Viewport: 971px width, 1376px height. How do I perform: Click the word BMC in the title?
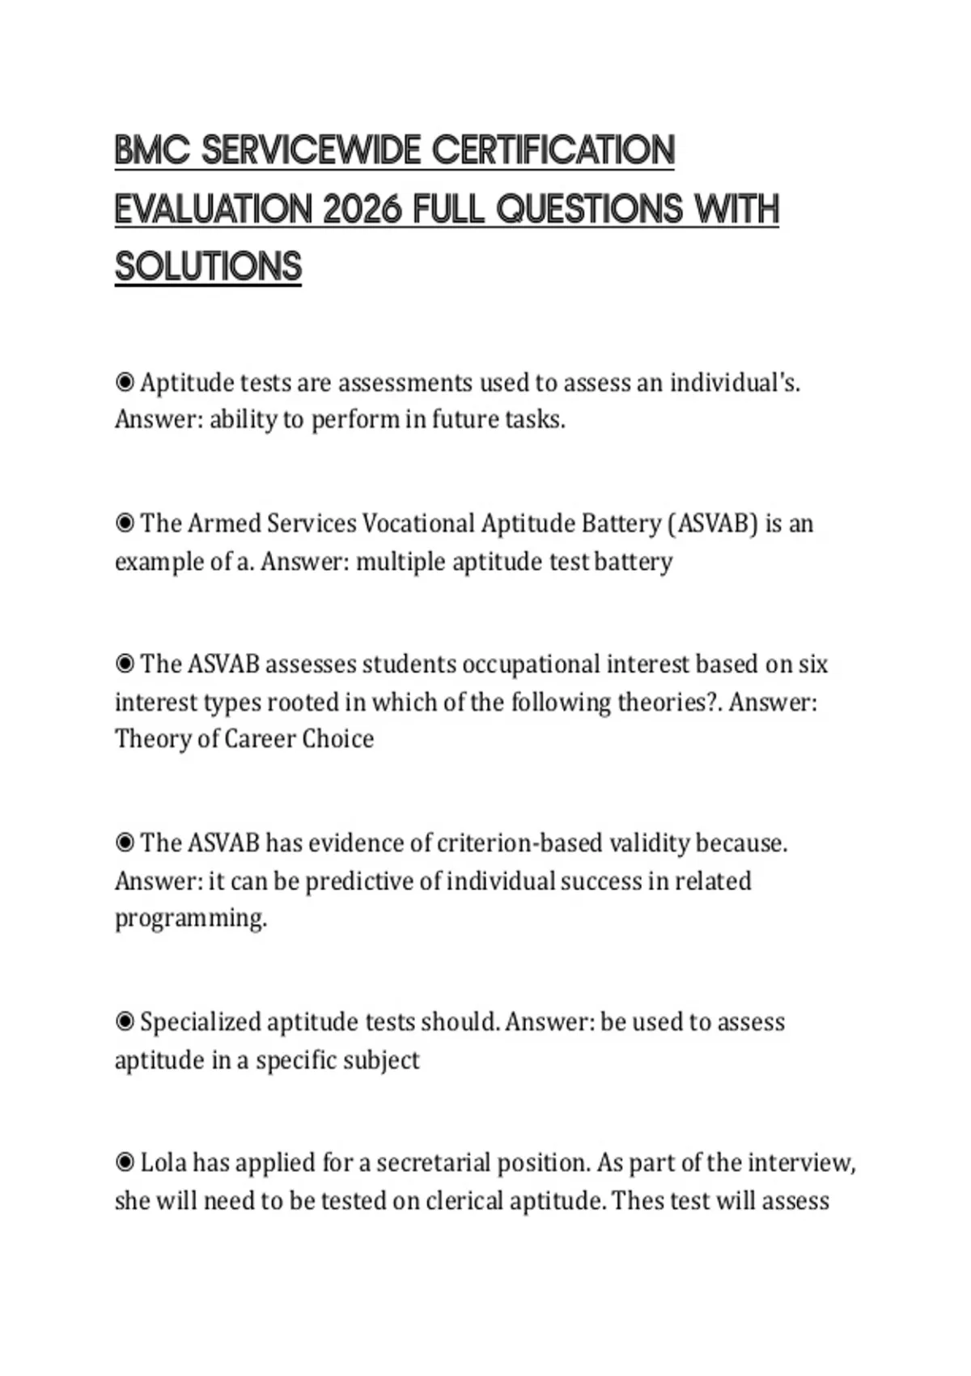pos(151,151)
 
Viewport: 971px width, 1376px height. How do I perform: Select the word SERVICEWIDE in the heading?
pos(312,151)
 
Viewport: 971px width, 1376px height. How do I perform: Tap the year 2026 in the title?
pos(362,210)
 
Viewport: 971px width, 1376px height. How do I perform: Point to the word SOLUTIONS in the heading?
pos(208,268)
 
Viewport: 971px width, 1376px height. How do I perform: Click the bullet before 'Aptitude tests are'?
pos(125,381)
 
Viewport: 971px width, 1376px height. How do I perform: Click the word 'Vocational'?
pos(418,524)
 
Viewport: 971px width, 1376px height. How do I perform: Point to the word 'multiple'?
pos(401,561)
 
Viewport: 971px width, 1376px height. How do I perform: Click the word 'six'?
pos(812,664)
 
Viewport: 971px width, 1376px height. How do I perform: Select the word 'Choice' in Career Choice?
pos(337,739)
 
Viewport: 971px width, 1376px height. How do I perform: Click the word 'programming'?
pos(189,919)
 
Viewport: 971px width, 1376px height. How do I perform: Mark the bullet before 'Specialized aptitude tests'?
pos(125,1021)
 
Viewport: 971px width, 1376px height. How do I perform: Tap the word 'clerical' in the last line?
pos(465,1200)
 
